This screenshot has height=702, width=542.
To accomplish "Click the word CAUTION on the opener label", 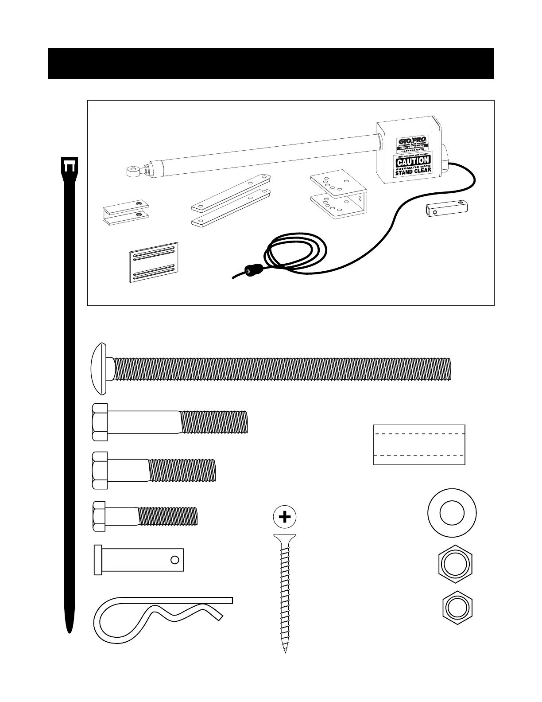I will (x=413, y=160).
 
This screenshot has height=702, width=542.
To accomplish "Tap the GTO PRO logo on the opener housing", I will (x=412, y=141).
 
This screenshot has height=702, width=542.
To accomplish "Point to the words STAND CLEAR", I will (x=413, y=171).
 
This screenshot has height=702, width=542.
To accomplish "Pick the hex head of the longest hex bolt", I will (x=100, y=422).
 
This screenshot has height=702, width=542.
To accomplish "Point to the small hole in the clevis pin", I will (x=174, y=560).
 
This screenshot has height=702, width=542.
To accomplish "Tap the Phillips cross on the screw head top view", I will (x=285, y=517).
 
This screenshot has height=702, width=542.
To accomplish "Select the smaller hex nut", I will (x=457, y=607).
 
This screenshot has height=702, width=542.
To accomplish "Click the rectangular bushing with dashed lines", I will (x=419, y=445).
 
